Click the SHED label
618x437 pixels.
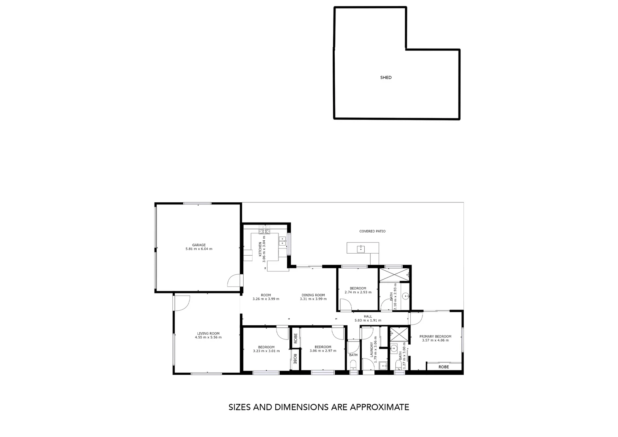click(386, 77)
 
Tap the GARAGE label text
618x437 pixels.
click(199, 245)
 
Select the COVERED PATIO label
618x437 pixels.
click(372, 231)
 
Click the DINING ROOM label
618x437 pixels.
click(313, 295)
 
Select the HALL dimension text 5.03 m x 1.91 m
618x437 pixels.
click(367, 320)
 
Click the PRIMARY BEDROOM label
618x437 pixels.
click(435, 336)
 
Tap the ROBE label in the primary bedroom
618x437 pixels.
click(444, 367)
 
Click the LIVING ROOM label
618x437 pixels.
click(208, 333)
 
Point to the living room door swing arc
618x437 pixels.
click(185, 303)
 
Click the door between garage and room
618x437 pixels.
click(234, 280)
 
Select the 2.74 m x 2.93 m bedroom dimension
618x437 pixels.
click(358, 292)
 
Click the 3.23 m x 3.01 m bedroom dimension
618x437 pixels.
click(266, 351)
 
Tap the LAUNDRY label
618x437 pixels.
click(371, 350)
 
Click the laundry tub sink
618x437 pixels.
click(383, 366)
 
